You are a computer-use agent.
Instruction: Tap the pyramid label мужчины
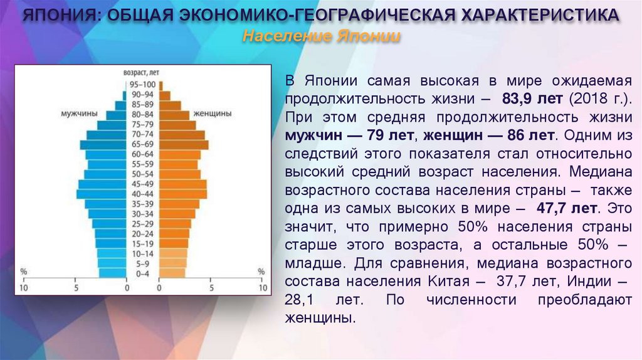coord(79,114)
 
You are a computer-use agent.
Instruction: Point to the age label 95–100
coord(142,84)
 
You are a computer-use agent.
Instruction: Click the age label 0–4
coord(142,273)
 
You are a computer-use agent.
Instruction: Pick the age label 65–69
coord(142,144)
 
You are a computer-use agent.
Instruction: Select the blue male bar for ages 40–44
coord(103,194)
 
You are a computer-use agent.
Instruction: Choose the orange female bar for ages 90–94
coord(165,95)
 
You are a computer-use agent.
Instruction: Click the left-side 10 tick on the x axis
coord(24,288)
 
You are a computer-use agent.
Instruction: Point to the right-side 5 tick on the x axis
coord(212,288)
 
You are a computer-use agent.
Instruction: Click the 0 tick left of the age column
coord(127,288)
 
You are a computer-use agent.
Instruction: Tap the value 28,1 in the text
coord(301,299)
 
